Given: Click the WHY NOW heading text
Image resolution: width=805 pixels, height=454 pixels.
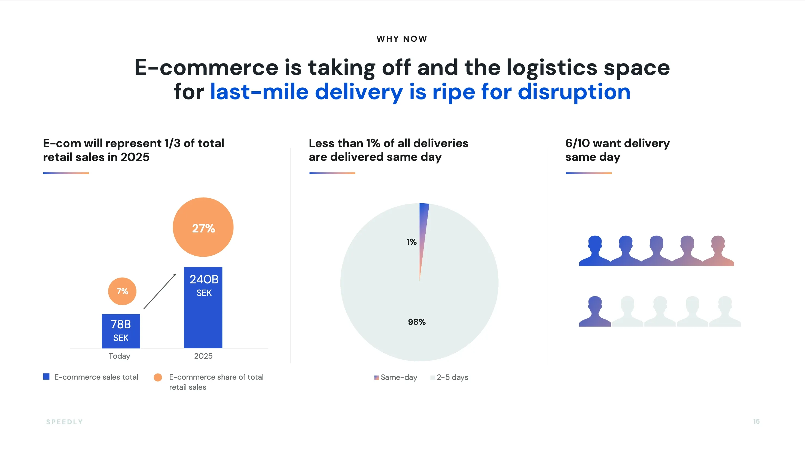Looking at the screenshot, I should pos(402,39).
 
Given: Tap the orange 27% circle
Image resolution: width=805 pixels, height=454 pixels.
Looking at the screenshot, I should pos(203,227).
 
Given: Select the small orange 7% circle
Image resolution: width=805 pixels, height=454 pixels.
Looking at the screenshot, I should pos(122,291).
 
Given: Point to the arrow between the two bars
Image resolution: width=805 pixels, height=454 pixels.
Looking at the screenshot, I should pos(159,291).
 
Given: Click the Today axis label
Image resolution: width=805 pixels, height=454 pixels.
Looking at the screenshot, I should pos(119,356).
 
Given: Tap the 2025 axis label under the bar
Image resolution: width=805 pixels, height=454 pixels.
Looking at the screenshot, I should pos(203,356).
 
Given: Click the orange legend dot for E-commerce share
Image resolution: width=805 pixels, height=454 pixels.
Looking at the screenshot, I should pos(158,377).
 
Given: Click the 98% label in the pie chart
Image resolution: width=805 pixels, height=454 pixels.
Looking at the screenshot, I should pos(417,322).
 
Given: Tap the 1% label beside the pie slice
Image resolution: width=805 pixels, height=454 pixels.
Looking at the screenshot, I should pos(411,242).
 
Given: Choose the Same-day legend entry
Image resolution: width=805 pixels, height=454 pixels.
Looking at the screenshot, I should pos(396,377).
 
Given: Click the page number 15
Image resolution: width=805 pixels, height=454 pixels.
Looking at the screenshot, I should pos(756,422).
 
